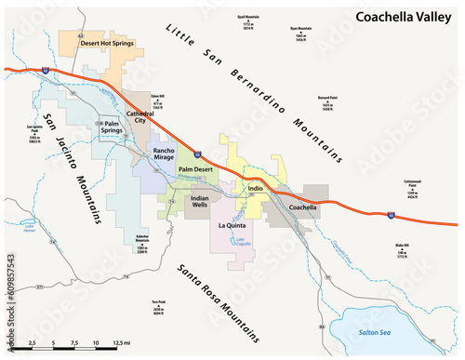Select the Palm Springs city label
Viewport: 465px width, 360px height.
coord(114,127)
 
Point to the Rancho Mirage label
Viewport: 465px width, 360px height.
coord(165,154)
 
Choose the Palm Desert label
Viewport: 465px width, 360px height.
coord(197,170)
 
